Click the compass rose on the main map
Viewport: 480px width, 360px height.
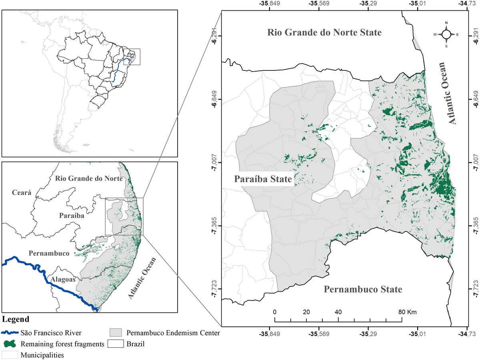(446, 34)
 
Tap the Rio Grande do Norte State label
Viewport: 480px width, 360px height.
(325, 32)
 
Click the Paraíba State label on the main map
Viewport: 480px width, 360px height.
(263, 179)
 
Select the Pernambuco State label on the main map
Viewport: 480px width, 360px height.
(363, 289)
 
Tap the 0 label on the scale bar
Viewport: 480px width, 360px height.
(275, 312)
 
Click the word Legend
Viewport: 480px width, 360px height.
(16, 319)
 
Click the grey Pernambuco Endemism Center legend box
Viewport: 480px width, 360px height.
(116, 332)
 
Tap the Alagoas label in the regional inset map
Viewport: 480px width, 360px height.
(61, 280)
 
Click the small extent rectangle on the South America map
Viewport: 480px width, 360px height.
(132, 57)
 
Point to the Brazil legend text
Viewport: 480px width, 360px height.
(136, 344)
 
